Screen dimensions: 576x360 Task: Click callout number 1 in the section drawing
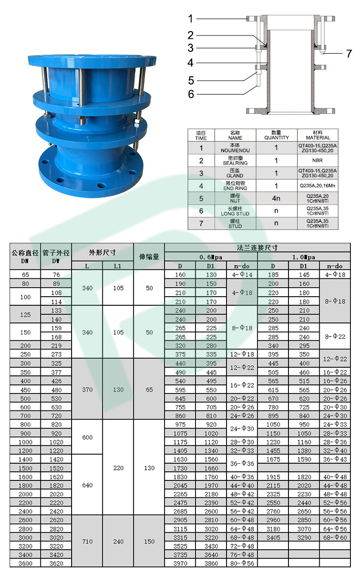191,19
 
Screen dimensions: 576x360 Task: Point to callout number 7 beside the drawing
349,54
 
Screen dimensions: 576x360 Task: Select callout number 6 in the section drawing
191,94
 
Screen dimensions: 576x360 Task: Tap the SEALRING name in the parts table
235,160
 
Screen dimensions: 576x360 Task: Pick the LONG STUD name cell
235,211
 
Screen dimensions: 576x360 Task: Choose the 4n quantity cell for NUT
276,198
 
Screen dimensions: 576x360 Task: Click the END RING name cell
235,185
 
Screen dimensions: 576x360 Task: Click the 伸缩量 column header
149,257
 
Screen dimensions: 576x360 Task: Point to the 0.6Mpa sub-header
211,257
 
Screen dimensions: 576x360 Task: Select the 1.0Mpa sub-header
304,257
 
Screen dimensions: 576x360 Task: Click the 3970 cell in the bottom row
180,563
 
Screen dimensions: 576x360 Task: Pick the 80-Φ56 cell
242,563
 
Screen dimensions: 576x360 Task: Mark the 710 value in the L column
87,541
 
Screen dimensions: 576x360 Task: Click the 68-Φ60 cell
335,537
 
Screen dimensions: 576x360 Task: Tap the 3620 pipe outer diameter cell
56,563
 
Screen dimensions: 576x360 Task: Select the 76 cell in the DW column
56,275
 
